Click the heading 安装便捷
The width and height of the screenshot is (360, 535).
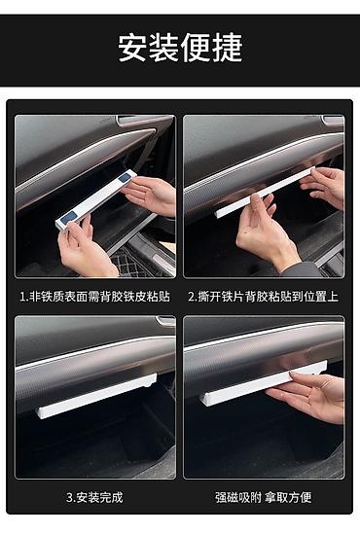180,48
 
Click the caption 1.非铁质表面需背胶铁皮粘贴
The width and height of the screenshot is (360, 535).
94,296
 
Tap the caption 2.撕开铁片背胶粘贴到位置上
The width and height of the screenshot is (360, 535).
263,296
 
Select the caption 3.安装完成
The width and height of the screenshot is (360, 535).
94,497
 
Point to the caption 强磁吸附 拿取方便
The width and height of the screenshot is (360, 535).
263,497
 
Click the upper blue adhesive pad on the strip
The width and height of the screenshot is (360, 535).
125,177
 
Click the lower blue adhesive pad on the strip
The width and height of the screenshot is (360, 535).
69,217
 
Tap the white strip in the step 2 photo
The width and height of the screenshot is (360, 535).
264,193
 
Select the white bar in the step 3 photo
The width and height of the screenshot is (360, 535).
96,396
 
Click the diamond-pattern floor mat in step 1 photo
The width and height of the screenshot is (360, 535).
129,263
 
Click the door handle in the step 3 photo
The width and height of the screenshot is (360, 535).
165,322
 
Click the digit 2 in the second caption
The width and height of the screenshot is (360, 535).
192,297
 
